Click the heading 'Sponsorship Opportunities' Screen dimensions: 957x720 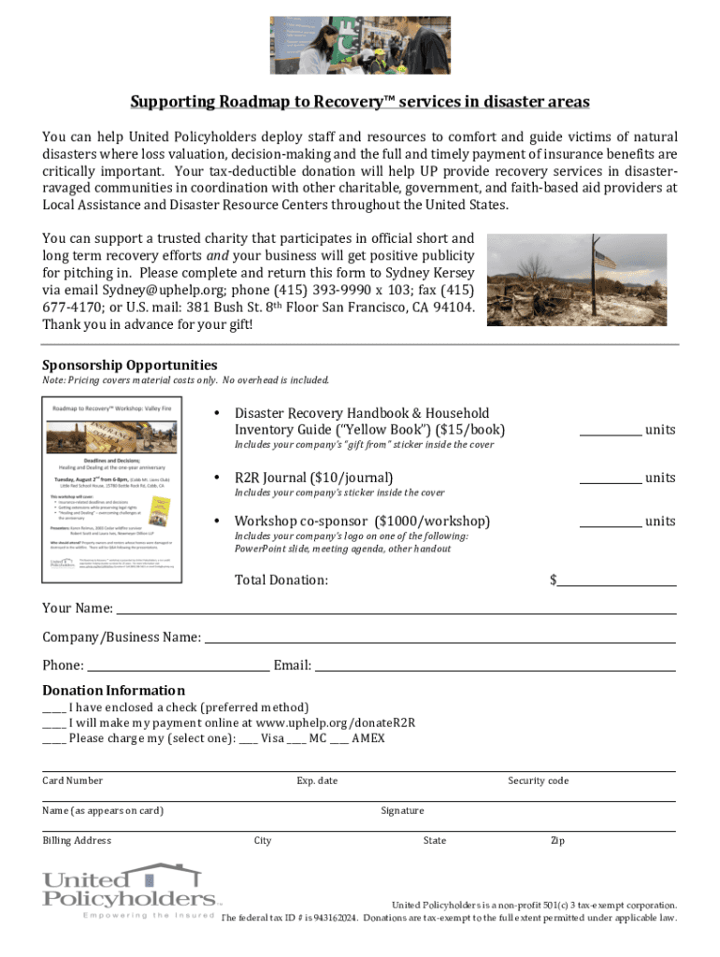click(x=130, y=364)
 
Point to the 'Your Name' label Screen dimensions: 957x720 click(x=78, y=608)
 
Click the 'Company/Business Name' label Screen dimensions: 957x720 click(x=122, y=637)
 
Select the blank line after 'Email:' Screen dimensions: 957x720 click(x=495, y=667)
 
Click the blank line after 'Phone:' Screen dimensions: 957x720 click(x=178, y=667)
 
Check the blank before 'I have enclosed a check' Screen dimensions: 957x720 click(x=53, y=708)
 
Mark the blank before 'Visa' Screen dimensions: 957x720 click(x=248, y=738)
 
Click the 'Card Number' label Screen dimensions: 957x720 click(x=73, y=780)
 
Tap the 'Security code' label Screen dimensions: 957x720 click(x=538, y=780)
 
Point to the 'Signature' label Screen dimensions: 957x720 click(x=402, y=810)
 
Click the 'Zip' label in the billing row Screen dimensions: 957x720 click(x=557, y=840)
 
